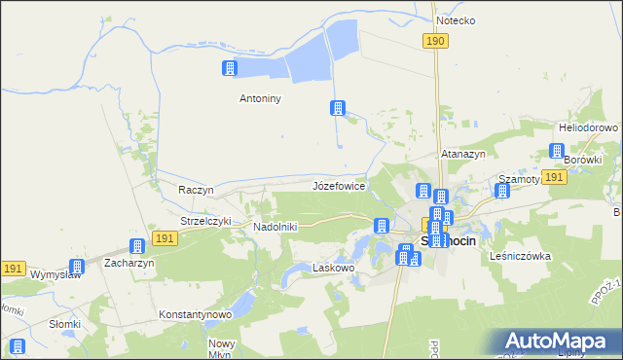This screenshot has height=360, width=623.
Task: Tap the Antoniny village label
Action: tap(260, 97)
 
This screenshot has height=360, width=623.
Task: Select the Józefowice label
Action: tap(339, 185)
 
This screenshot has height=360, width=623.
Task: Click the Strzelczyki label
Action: tap(205, 221)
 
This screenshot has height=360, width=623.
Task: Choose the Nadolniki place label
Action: tap(275, 227)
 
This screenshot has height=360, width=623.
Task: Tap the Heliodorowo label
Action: tap(588, 127)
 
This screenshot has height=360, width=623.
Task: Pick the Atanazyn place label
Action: tap(463, 154)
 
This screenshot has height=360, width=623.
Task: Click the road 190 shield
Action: tap(435, 40)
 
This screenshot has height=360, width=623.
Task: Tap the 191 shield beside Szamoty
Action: tap(555, 177)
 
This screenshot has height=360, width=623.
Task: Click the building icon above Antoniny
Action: tap(230, 68)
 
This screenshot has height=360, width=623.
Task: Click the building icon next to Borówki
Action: tap(557, 152)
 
